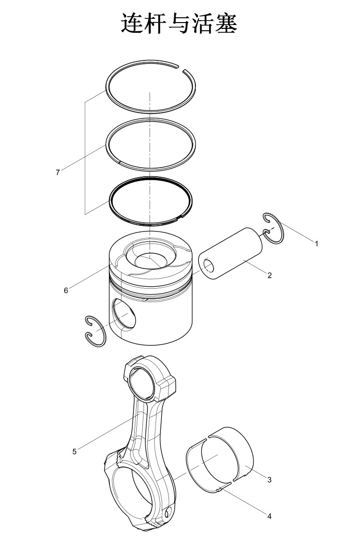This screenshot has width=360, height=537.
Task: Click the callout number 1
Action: pos(316,244)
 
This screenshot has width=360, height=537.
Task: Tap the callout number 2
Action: pos(270,275)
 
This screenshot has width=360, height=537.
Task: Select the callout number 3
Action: pos(269,480)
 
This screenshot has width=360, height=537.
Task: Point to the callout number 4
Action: pos(269,516)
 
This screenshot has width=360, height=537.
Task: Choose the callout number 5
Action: pos(74,452)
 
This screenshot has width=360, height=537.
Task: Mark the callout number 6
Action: pos(66,291)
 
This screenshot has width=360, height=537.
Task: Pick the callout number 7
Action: pos(58,172)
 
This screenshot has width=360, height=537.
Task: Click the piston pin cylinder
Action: pos(231,254)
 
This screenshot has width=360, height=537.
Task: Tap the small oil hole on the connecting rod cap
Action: pos(168,513)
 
